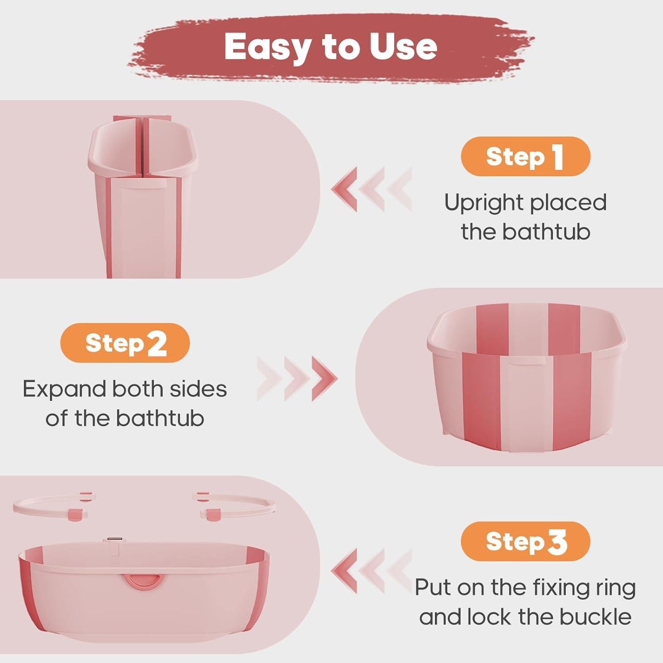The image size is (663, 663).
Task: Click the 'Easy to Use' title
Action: click(331, 46)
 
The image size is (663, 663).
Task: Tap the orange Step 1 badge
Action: click(525, 156)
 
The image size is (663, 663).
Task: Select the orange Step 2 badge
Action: click(125, 343)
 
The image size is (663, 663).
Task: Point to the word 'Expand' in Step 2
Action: click(65, 389)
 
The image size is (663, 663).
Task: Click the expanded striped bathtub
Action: click(527, 376)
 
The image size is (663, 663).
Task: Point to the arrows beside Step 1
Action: click(371, 189)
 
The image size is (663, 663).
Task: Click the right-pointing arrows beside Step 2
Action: click(297, 378)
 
